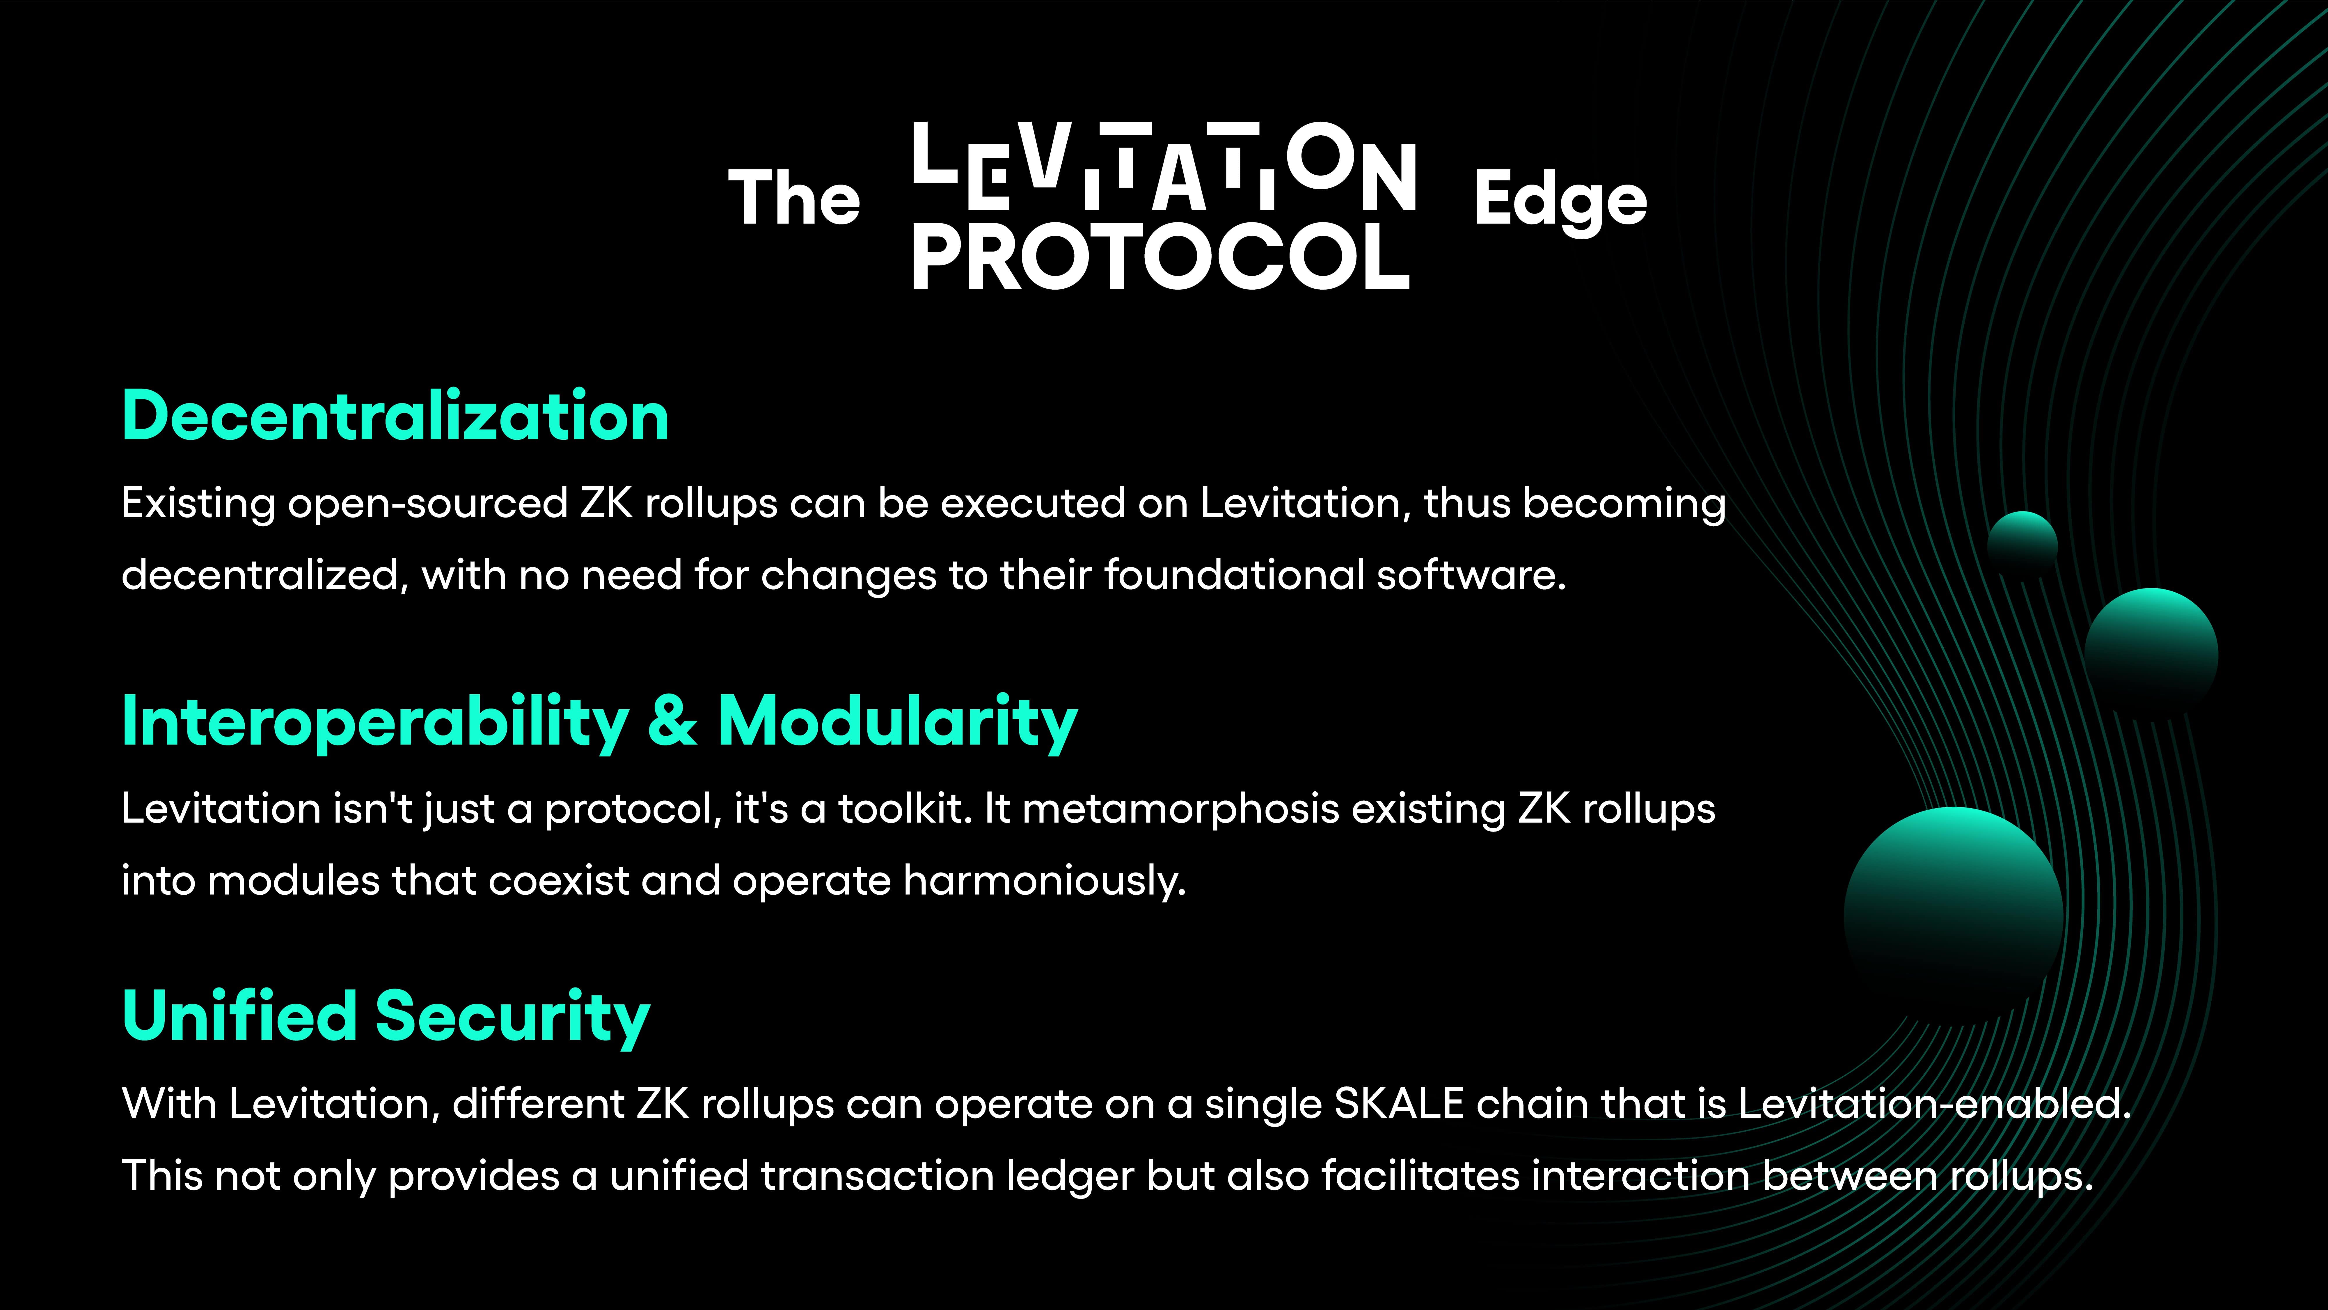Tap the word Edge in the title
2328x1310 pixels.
(x=1560, y=201)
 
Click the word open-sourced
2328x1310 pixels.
(x=427, y=504)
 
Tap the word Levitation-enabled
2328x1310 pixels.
(x=1934, y=1104)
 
